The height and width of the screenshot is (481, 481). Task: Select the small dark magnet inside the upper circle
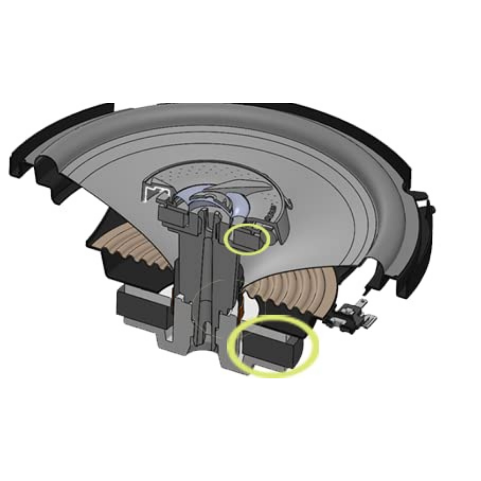[246, 237]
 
